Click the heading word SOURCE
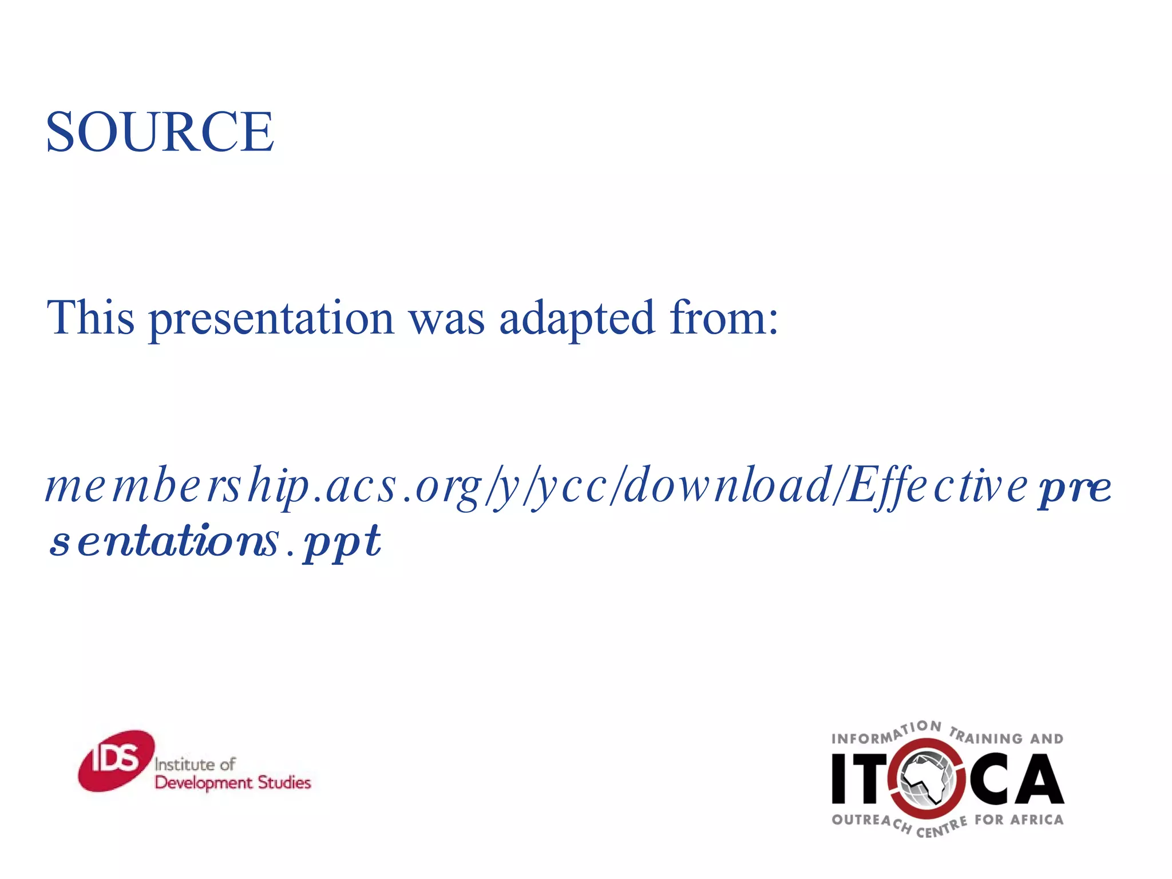point(160,132)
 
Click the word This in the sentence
point(90,318)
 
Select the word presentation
point(271,319)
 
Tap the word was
point(446,319)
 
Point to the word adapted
point(576,319)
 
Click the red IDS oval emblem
point(116,761)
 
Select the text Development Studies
point(232,783)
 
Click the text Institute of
point(195,765)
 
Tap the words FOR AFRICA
point(1019,820)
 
